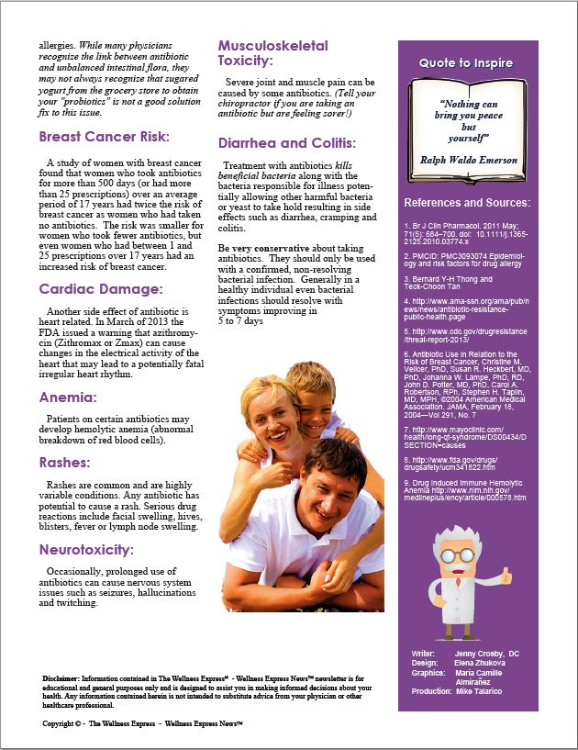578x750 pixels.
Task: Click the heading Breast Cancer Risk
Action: coord(104,137)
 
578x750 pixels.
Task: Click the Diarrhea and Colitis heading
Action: coord(287,144)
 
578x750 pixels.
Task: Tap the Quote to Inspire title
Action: coord(466,63)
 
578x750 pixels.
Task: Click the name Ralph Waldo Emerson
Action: coord(469,160)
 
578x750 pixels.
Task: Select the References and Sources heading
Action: coord(467,202)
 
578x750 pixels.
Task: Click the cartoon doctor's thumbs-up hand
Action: coord(506,575)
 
